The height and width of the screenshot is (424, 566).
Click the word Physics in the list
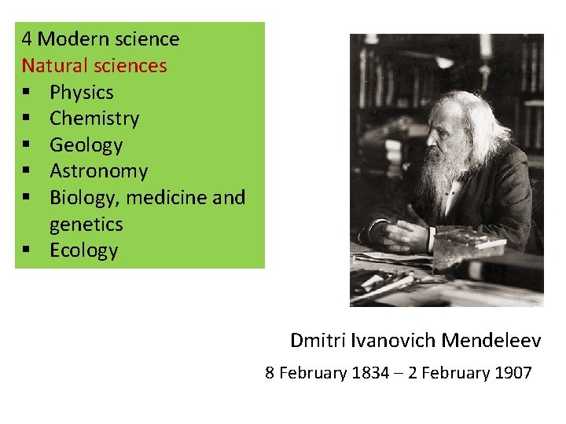coord(81,93)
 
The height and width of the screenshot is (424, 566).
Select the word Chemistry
coord(94,119)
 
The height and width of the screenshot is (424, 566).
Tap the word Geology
coord(86,145)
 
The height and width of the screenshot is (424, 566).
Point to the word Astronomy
coord(98,171)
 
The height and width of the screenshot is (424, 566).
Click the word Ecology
coord(83,250)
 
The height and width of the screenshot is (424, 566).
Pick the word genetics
coord(86,225)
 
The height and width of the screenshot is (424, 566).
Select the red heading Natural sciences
coord(94,65)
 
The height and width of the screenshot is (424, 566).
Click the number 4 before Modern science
coord(27,39)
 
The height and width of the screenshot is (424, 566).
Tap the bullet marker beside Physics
coord(27,93)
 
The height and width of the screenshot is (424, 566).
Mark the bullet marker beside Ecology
coord(27,250)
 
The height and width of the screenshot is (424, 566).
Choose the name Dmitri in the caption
coord(315,340)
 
